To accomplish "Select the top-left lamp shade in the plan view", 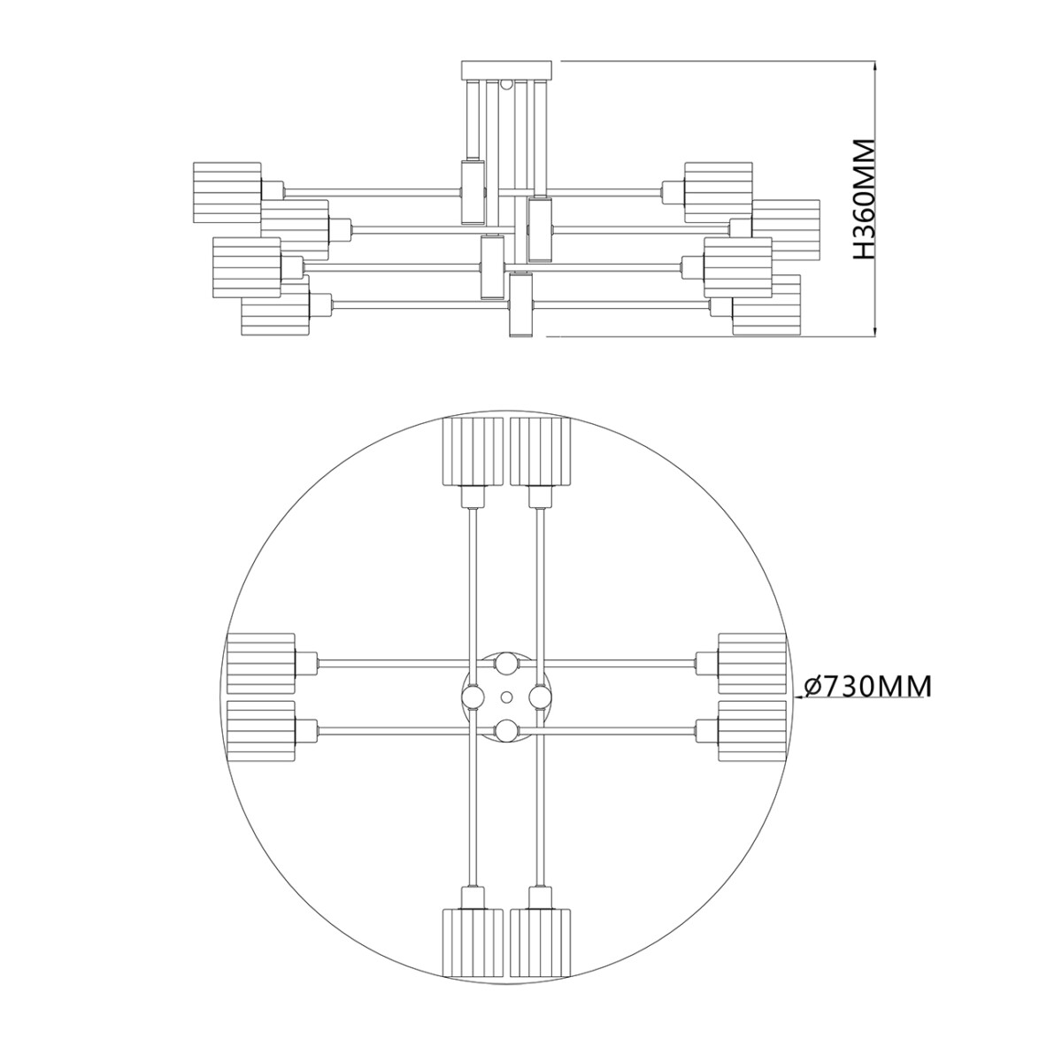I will point(473,451).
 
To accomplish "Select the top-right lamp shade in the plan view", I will point(540,451).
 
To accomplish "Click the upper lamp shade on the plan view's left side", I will point(260,663).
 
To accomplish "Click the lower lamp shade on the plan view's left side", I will point(260,731).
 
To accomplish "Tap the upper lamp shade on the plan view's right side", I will point(751,663).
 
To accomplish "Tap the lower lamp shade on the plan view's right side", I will point(751,731).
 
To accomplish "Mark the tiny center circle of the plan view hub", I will point(506,696).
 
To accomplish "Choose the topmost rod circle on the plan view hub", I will point(506,663).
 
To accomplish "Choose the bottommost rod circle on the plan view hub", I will point(506,730).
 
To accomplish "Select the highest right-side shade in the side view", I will point(717,192).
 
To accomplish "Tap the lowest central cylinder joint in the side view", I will point(520,304).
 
